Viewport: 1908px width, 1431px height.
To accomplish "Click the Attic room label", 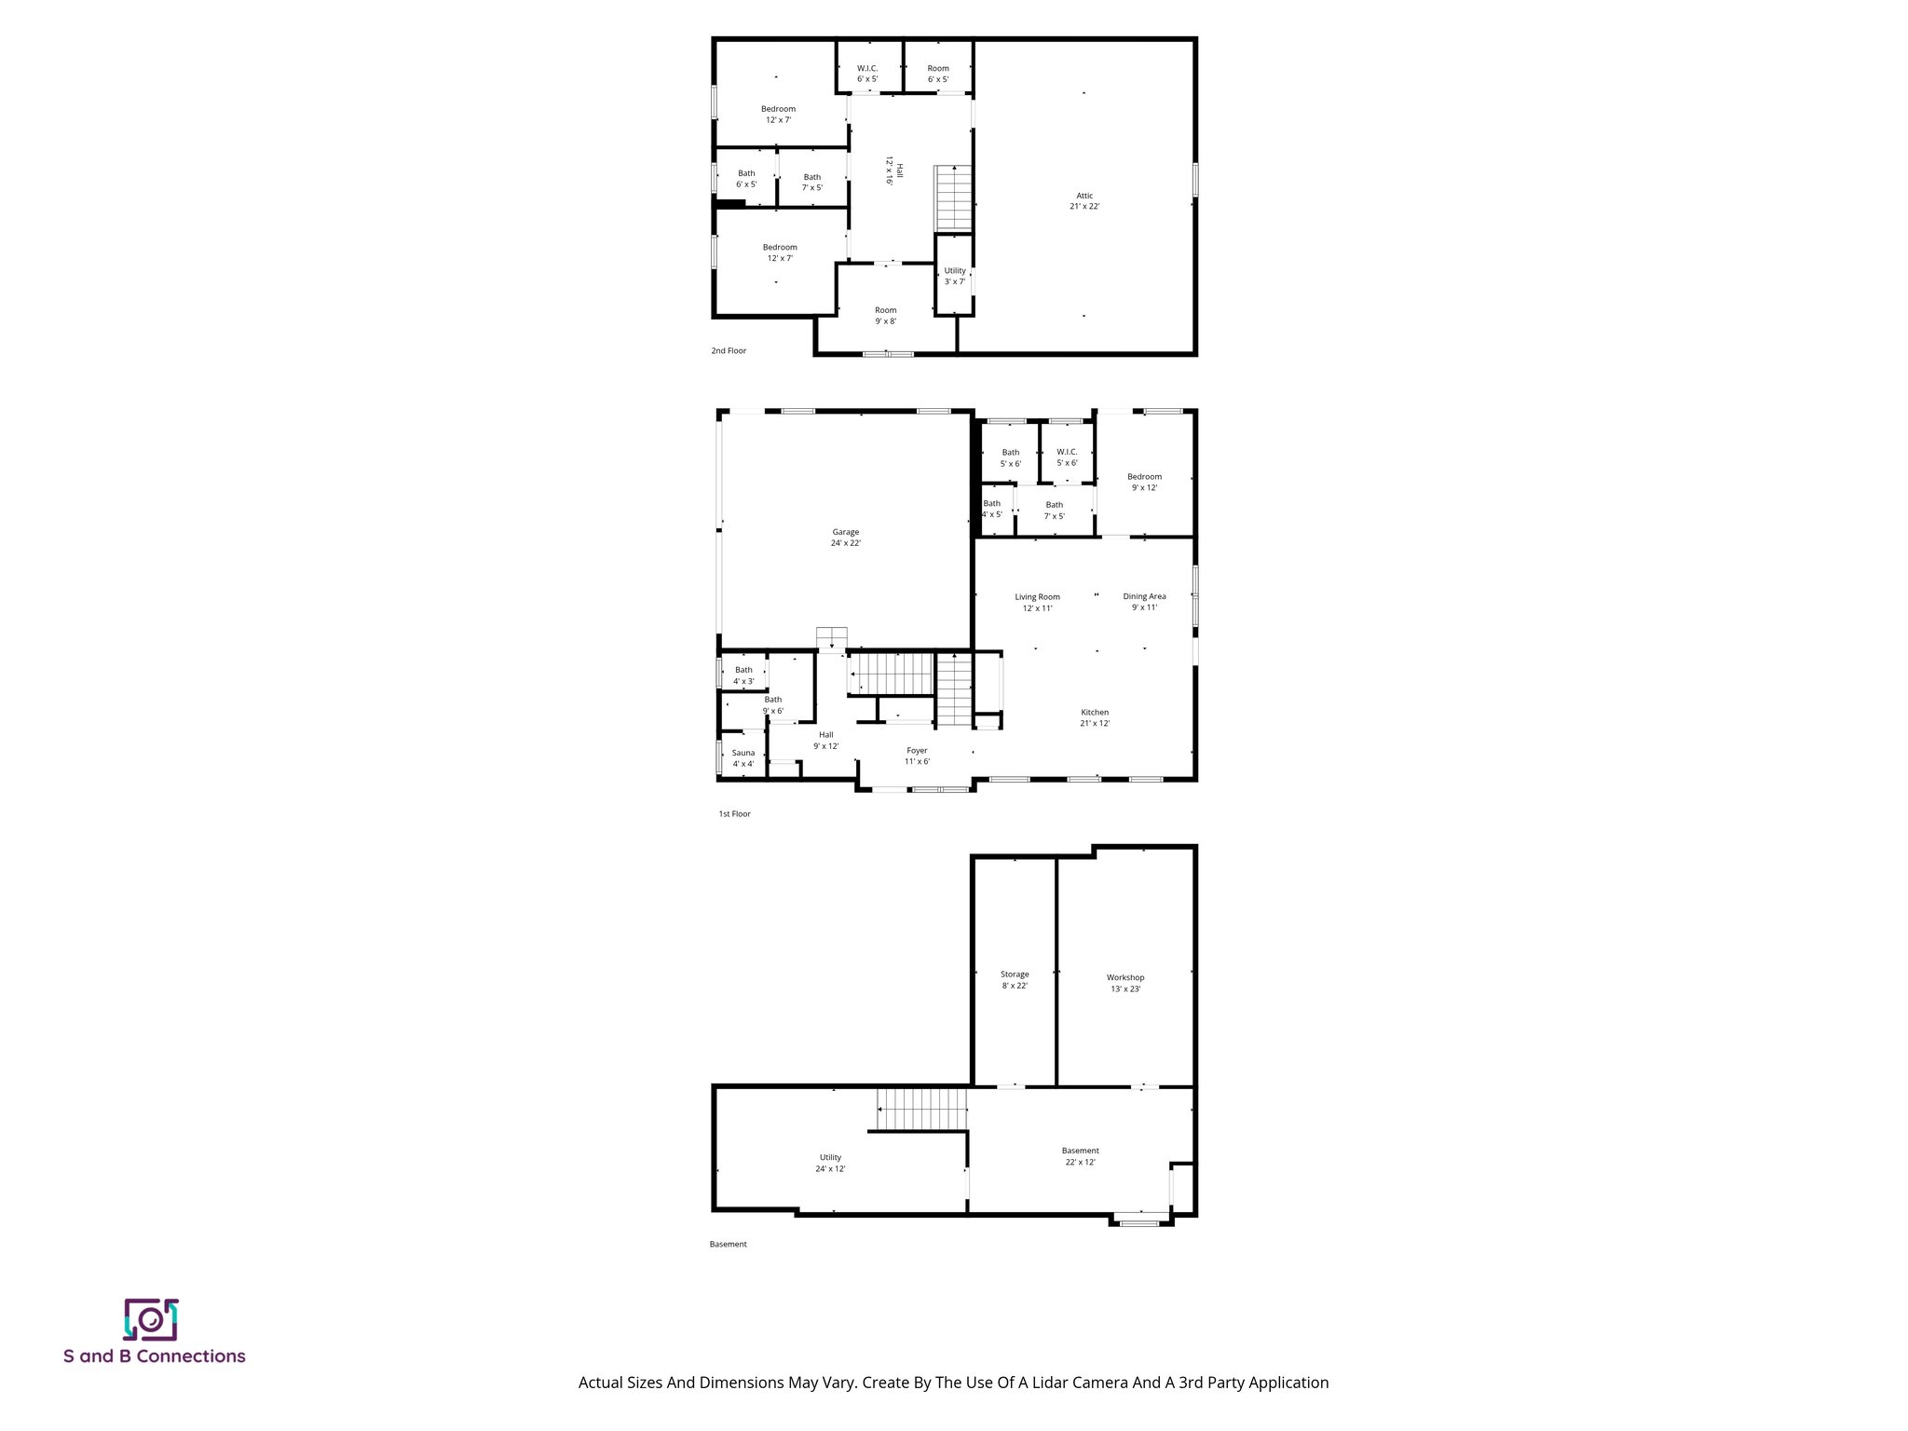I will coord(1084,200).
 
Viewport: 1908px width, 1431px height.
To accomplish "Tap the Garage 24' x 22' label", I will coord(845,538).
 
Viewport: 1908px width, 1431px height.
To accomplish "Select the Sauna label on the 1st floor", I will coord(743,758).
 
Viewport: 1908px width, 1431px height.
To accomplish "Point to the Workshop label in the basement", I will coord(1125,983).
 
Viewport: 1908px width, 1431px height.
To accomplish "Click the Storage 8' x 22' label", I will coord(1015,979).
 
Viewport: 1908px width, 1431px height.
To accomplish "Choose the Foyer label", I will coord(917,756).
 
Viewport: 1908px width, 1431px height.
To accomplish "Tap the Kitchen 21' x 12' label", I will coord(1095,717).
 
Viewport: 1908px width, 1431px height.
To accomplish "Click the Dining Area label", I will coord(1144,602).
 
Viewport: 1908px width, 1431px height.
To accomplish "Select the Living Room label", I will coord(1037,602).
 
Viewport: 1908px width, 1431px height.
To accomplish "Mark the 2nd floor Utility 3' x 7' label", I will coord(955,276).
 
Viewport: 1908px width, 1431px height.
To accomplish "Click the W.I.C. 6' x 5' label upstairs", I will coord(867,73).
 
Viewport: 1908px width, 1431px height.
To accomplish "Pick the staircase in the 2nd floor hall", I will coord(954,198).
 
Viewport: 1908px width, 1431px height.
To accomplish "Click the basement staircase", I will coord(922,1109).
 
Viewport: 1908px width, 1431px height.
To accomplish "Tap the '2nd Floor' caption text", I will coord(729,351).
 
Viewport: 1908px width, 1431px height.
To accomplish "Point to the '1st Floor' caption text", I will coord(734,814).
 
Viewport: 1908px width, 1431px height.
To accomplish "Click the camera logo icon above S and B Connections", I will coord(150,1319).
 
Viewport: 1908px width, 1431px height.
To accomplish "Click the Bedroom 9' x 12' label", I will coord(1144,482).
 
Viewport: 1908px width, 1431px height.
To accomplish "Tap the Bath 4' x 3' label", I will coord(743,675).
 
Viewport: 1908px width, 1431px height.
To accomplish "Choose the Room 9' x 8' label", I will coord(885,315).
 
